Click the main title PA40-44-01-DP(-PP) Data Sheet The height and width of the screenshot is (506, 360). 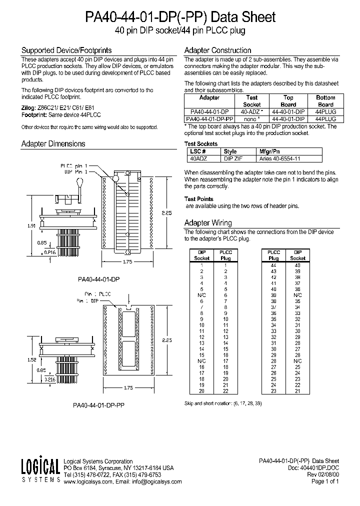(180, 17)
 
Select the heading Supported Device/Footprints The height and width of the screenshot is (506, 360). (66, 50)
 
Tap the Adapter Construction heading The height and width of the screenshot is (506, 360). (217, 50)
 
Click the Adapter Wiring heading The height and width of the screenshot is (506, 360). (208, 223)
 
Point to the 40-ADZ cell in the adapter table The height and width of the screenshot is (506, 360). (252, 112)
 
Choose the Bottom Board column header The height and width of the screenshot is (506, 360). (325, 101)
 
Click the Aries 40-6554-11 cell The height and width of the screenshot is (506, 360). (279, 158)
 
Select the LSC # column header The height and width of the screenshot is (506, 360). (197, 151)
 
